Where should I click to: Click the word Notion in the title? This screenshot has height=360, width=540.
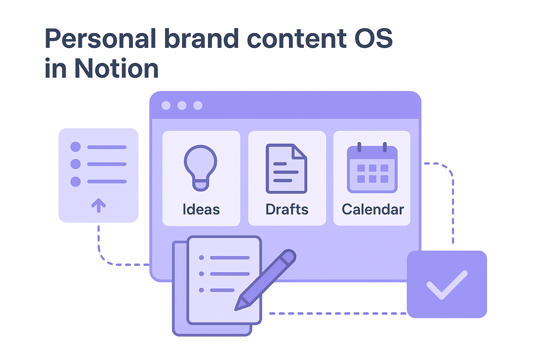pos(116,69)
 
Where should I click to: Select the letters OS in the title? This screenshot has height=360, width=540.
pos(373,38)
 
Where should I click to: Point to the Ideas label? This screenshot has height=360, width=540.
pos(201,210)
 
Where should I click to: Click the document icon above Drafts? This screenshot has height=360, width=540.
pos(286,168)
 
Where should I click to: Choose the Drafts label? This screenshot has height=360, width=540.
pos(287,210)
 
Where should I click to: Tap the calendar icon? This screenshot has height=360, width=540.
pos(372,168)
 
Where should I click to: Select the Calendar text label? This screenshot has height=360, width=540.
pos(373,210)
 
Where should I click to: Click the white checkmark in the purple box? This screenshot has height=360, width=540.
pos(447,285)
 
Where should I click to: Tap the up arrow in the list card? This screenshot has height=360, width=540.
pos(98,205)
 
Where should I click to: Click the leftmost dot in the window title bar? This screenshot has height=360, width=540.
pos(166,105)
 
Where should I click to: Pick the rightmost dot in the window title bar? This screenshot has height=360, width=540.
pos(198,105)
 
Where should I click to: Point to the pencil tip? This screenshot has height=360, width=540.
pos(237,309)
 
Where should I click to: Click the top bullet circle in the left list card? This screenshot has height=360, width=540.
pos(76,147)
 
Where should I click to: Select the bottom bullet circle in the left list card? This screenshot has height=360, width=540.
pos(76,181)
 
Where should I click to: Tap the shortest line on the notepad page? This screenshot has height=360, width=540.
pos(222,290)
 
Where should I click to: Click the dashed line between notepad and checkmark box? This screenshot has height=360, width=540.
pos(337,313)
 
